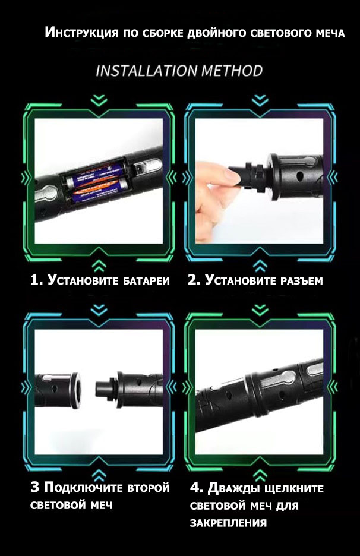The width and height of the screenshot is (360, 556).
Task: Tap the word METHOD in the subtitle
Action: (232, 71)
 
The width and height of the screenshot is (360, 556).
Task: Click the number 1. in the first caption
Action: (36, 280)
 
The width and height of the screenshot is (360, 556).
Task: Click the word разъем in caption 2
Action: (301, 281)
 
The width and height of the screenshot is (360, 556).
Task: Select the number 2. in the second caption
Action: (194, 280)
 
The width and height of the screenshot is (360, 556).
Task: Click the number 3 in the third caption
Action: (35, 487)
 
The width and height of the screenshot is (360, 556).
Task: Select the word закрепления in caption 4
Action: (228, 523)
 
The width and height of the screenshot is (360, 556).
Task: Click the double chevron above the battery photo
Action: (99, 100)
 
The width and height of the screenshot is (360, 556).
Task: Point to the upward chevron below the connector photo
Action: (260, 266)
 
